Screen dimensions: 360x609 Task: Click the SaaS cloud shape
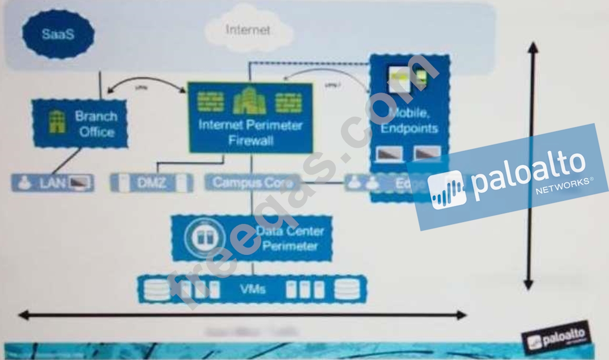(x=58, y=34)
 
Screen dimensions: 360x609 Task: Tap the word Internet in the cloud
(x=248, y=29)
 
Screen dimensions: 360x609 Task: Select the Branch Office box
(x=80, y=124)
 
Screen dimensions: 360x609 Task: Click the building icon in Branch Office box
(x=57, y=122)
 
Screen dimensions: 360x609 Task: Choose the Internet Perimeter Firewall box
(x=250, y=118)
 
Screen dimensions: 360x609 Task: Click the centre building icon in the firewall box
(x=249, y=101)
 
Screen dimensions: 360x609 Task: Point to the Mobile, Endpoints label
(x=410, y=120)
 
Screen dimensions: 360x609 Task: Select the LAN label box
(x=53, y=183)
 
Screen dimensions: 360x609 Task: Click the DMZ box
(x=151, y=183)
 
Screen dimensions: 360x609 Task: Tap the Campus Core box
(x=252, y=182)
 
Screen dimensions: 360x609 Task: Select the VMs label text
(x=253, y=289)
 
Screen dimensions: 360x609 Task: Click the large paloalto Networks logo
(x=509, y=177)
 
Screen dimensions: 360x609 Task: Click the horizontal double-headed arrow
(x=242, y=315)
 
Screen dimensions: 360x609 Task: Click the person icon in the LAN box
(x=24, y=183)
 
